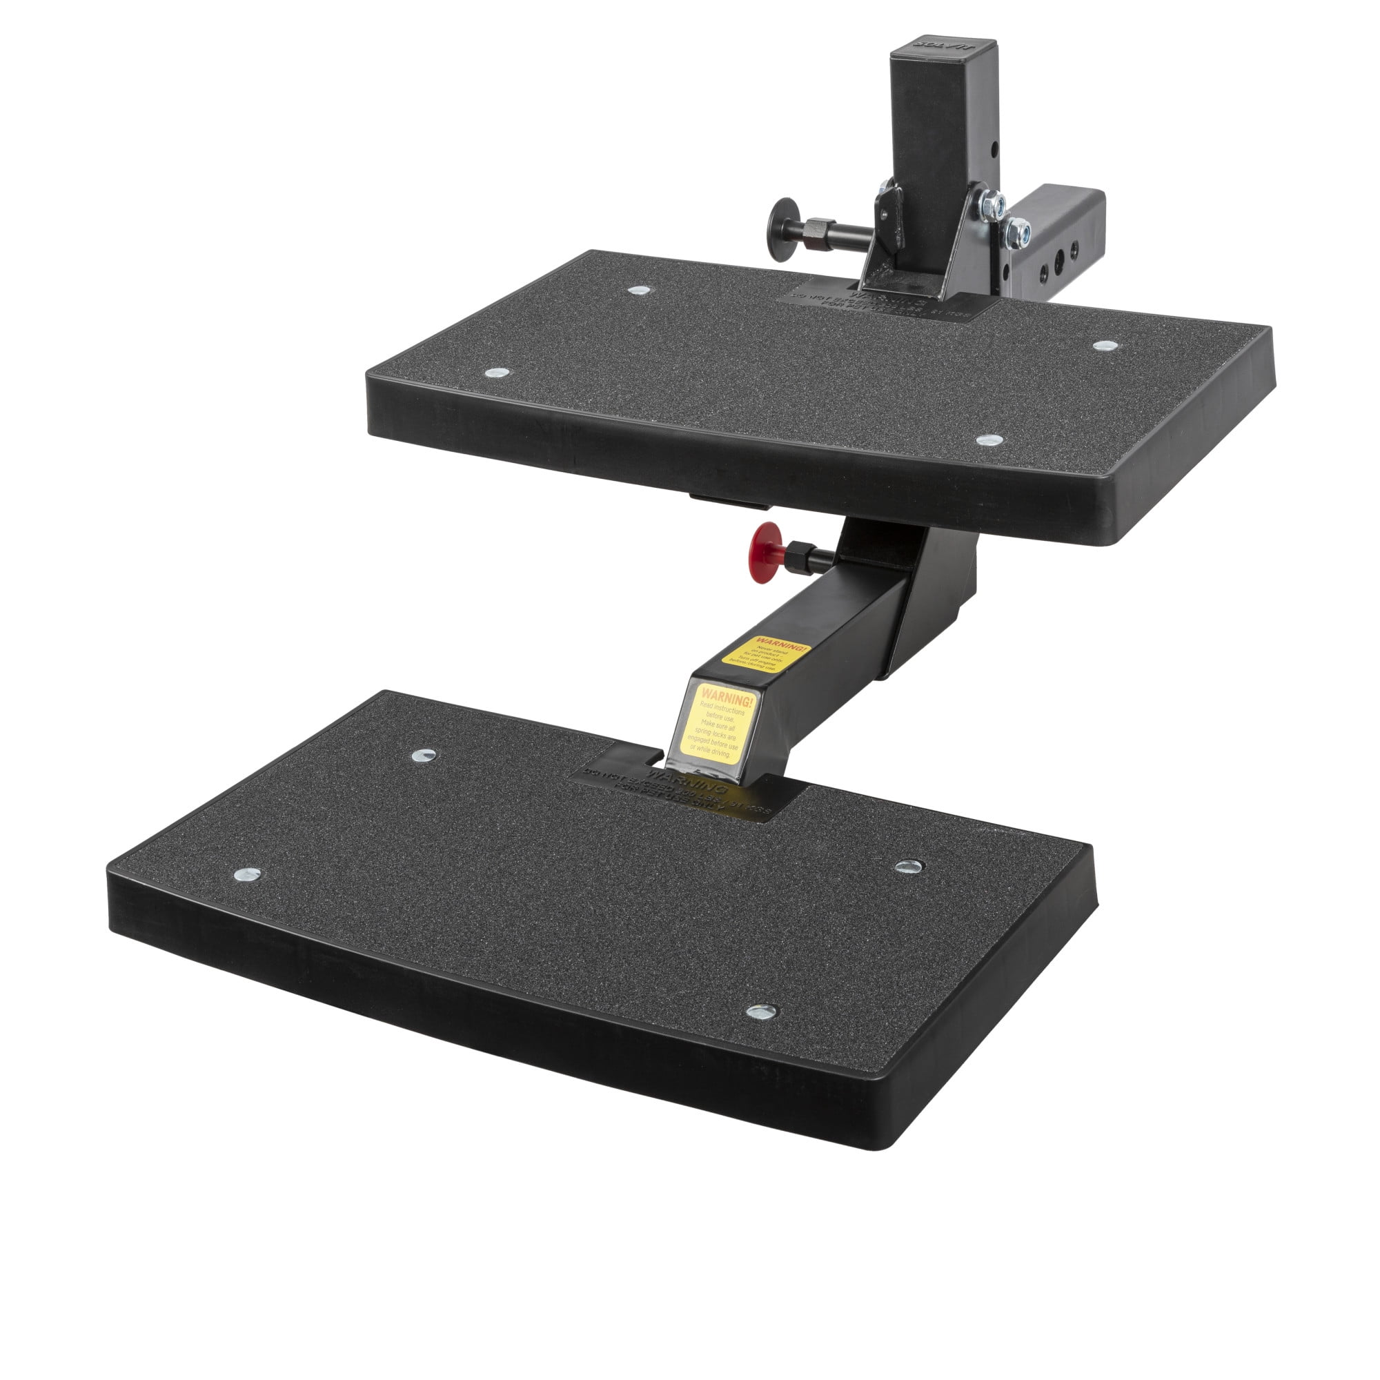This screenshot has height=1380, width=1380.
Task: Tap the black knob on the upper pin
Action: click(x=783, y=221)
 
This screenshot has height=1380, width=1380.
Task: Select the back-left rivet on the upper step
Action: click(x=640, y=290)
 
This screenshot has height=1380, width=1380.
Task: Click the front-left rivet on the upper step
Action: click(x=497, y=373)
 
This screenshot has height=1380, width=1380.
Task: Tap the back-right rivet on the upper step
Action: click(x=1105, y=346)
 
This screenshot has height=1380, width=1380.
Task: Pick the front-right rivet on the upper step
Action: click(x=989, y=440)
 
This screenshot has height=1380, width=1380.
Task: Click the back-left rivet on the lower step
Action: click(x=424, y=755)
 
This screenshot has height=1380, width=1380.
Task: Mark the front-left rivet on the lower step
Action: click(x=247, y=874)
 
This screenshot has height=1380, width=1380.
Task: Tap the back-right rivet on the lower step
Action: click(x=909, y=867)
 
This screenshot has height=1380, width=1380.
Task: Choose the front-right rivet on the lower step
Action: click(x=762, y=1012)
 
